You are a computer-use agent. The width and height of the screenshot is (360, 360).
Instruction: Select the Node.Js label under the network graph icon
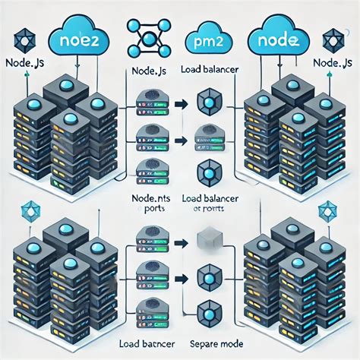click(x=149, y=74)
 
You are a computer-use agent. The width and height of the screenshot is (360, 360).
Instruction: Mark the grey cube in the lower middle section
click(x=207, y=241)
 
